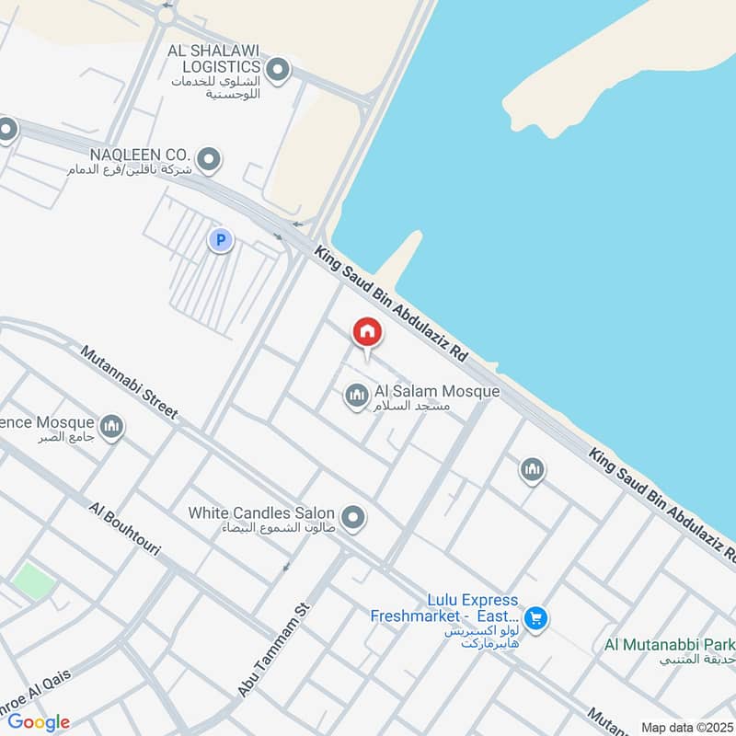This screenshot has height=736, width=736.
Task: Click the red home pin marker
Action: (x=367, y=332)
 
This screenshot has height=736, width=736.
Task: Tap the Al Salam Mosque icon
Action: (x=357, y=397)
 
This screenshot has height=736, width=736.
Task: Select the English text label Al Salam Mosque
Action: (x=437, y=392)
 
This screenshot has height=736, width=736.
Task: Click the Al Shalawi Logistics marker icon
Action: (x=277, y=69)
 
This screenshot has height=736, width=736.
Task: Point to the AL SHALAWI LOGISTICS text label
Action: (x=213, y=58)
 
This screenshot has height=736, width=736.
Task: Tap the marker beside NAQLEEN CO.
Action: (x=209, y=160)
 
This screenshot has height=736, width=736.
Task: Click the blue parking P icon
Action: (x=220, y=241)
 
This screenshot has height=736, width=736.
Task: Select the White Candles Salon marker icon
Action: (x=353, y=518)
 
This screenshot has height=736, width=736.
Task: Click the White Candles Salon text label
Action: (x=262, y=512)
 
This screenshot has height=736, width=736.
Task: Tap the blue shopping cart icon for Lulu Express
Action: (x=535, y=618)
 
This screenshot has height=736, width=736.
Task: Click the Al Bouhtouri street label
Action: (x=125, y=529)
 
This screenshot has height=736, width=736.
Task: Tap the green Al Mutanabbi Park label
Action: (x=670, y=644)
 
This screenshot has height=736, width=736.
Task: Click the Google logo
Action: (x=39, y=722)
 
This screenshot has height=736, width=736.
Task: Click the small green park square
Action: (x=34, y=581)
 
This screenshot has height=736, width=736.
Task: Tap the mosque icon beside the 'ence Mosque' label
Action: (x=112, y=427)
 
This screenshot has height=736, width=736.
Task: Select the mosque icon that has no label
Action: (x=532, y=471)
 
